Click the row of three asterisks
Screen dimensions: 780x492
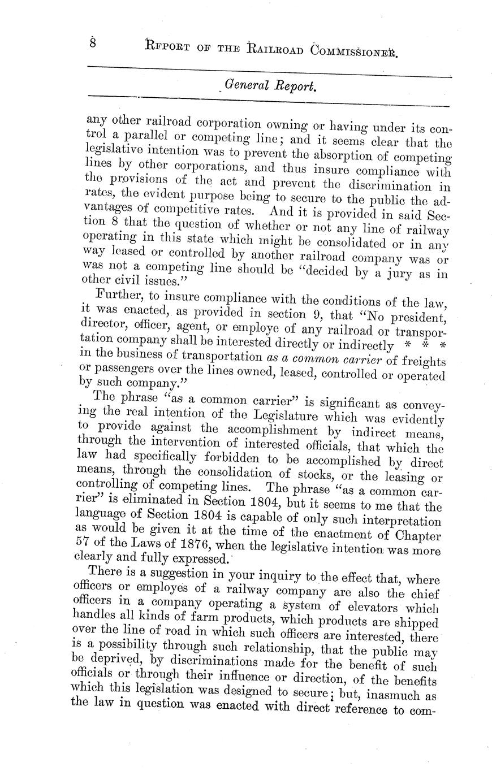pos(422,345)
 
